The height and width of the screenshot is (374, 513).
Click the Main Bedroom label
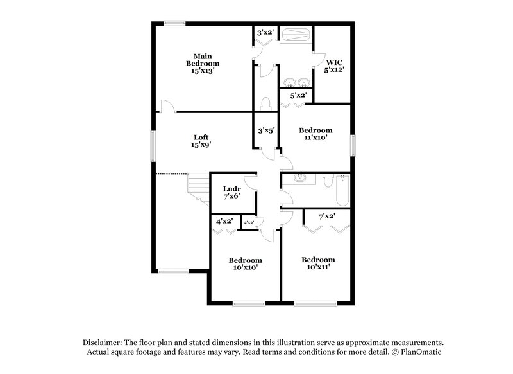(x=203, y=64)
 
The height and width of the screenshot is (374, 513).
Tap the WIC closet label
(x=334, y=66)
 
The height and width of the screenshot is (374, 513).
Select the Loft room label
(x=201, y=141)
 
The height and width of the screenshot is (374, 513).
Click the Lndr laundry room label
(x=231, y=191)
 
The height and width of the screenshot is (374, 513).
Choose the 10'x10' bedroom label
(x=245, y=263)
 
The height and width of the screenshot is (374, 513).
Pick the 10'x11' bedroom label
(x=319, y=263)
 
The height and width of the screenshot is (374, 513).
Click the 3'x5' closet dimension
(x=266, y=130)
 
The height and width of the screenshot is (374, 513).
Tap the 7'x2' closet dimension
(x=327, y=217)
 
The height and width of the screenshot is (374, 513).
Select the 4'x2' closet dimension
(x=224, y=222)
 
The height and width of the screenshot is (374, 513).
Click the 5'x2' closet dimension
(x=298, y=96)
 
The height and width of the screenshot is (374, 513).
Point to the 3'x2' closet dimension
(x=265, y=32)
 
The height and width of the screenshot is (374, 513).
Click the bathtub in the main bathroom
(x=296, y=34)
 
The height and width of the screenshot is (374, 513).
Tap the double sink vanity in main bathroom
(x=295, y=82)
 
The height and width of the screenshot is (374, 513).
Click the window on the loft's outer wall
(x=153, y=147)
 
